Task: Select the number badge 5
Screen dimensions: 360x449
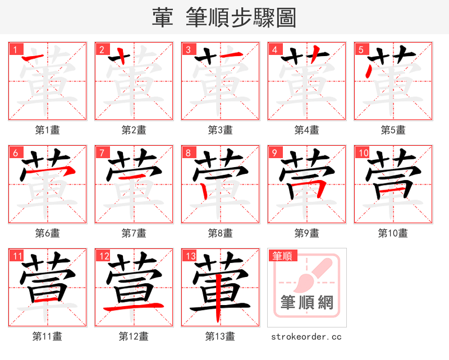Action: pyautogui.click(x=361, y=49)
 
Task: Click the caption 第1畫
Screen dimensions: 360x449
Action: pyautogui.click(x=47, y=130)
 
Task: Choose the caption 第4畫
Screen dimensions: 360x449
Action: pyautogui.click(x=306, y=130)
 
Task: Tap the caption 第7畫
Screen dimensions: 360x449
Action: pyautogui.click(x=134, y=233)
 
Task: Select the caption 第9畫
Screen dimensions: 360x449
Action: pyautogui.click(x=306, y=233)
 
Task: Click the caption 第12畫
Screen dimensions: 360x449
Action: pyautogui.click(x=134, y=336)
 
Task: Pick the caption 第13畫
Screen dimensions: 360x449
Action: pyautogui.click(x=220, y=336)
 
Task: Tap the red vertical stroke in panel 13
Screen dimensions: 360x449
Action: pyautogui.click(x=221, y=297)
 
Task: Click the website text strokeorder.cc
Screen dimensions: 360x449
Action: pyautogui.click(x=306, y=336)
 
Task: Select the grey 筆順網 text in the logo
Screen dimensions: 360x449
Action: pyautogui.click(x=306, y=303)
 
